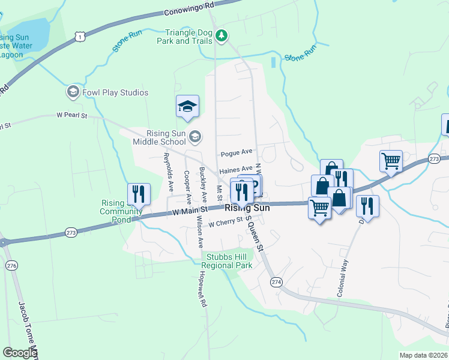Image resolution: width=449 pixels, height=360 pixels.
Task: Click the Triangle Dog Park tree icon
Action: (222, 36)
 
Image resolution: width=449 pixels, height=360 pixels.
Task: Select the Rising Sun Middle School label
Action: (166, 137)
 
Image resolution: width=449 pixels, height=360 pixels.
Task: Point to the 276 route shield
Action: (11, 265)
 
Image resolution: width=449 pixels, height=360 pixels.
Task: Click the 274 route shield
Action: (276, 281)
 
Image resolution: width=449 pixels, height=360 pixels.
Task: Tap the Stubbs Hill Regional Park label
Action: (227, 261)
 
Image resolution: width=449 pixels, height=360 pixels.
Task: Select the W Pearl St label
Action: (72, 115)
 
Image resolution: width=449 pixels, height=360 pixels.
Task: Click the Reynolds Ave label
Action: (168, 171)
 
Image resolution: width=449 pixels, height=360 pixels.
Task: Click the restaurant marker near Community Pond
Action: (139, 194)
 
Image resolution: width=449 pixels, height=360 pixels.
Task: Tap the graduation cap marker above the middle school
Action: (187, 106)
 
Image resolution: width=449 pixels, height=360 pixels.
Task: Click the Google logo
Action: (20, 353)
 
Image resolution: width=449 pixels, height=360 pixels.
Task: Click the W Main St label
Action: (189, 211)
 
